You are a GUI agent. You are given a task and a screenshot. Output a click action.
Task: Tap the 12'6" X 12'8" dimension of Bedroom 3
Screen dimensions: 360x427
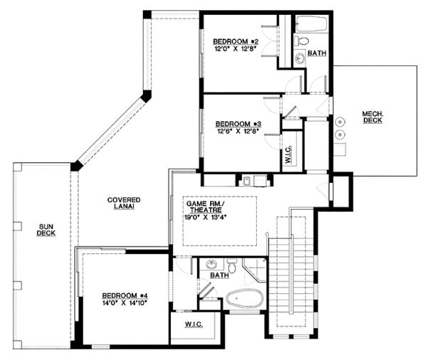click(x=238, y=131)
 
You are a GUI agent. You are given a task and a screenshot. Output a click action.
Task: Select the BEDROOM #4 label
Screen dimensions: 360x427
click(x=124, y=295)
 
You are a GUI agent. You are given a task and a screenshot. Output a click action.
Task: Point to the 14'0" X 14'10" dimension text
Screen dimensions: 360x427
click(x=124, y=303)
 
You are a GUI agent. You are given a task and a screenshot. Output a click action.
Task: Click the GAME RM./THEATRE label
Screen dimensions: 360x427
click(x=205, y=207)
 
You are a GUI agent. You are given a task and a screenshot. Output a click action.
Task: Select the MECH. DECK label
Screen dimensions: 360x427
click(x=374, y=117)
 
